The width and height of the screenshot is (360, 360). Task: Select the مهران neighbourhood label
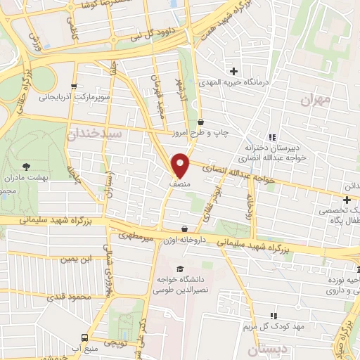314,101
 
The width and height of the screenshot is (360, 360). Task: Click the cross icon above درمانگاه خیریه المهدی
233,71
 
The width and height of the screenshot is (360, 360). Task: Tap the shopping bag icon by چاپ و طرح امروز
200,121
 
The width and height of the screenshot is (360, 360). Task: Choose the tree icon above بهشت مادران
27,166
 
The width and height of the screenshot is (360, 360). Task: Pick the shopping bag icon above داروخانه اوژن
184,229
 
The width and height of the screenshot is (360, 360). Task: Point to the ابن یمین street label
77,259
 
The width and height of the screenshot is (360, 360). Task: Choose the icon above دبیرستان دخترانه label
271,137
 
